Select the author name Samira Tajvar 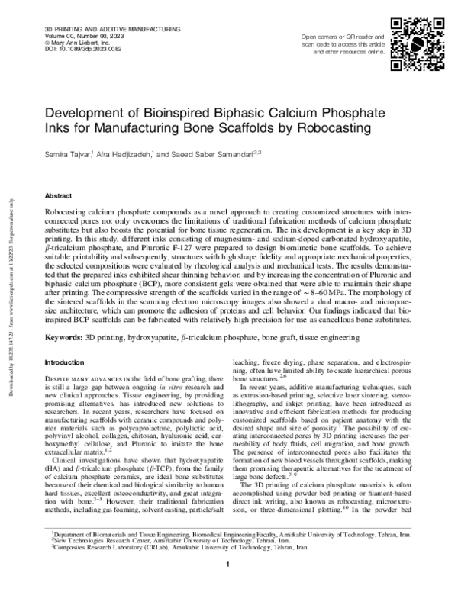tap(71, 153)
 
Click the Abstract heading tap(60, 196)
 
